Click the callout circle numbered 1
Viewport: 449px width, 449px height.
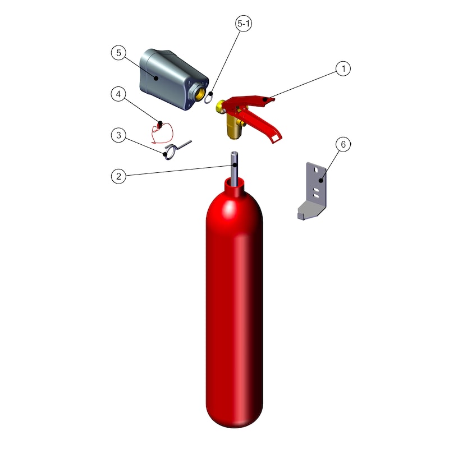point(343,68)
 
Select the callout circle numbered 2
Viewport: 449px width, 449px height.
point(118,176)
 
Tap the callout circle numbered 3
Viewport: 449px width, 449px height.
point(118,135)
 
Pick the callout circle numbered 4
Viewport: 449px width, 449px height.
point(118,94)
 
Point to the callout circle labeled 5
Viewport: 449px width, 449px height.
point(118,53)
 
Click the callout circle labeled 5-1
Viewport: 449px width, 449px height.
point(244,23)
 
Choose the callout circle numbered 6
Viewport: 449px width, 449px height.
point(343,144)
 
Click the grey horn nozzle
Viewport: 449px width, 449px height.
point(172,79)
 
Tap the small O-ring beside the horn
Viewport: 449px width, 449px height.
point(208,98)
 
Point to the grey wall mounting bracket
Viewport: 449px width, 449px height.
point(313,191)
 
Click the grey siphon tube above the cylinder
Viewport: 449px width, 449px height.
point(235,169)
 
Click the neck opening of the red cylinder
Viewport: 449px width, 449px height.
point(235,182)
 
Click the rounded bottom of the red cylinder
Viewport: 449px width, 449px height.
point(235,416)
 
